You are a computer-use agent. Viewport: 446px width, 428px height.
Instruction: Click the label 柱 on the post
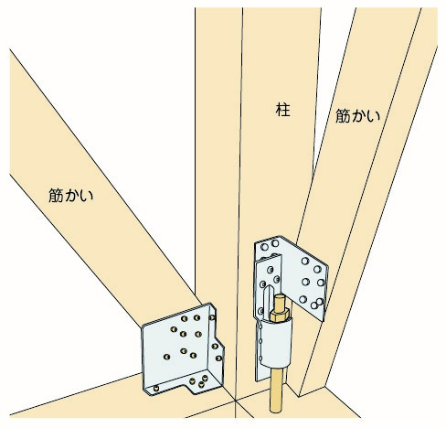(x=282, y=110)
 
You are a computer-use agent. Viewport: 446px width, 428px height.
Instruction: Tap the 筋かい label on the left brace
(x=71, y=196)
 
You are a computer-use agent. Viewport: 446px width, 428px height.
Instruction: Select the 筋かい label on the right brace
(x=358, y=116)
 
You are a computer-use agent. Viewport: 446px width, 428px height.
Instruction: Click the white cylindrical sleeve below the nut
(x=277, y=341)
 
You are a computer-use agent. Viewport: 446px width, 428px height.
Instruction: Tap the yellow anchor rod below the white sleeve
(x=276, y=388)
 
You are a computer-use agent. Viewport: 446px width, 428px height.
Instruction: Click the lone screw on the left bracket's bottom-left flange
(x=156, y=388)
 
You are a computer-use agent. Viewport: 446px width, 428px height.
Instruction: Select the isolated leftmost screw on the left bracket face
(x=166, y=357)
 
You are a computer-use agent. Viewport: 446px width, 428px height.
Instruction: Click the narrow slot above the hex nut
(x=267, y=298)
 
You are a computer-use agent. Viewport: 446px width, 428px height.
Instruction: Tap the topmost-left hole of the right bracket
(x=265, y=246)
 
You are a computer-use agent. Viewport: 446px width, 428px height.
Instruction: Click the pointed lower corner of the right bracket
(x=323, y=321)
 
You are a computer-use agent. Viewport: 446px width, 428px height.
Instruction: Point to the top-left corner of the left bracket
(x=142, y=327)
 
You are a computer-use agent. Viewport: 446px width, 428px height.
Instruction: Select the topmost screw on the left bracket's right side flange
(x=212, y=317)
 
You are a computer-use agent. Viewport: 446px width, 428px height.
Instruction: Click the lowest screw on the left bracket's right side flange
(x=218, y=358)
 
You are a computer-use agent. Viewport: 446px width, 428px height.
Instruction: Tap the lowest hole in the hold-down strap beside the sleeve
(x=260, y=358)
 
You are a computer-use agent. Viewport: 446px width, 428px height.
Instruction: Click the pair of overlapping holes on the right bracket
(x=317, y=303)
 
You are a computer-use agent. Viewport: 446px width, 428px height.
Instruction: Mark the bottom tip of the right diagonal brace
(x=300, y=397)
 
